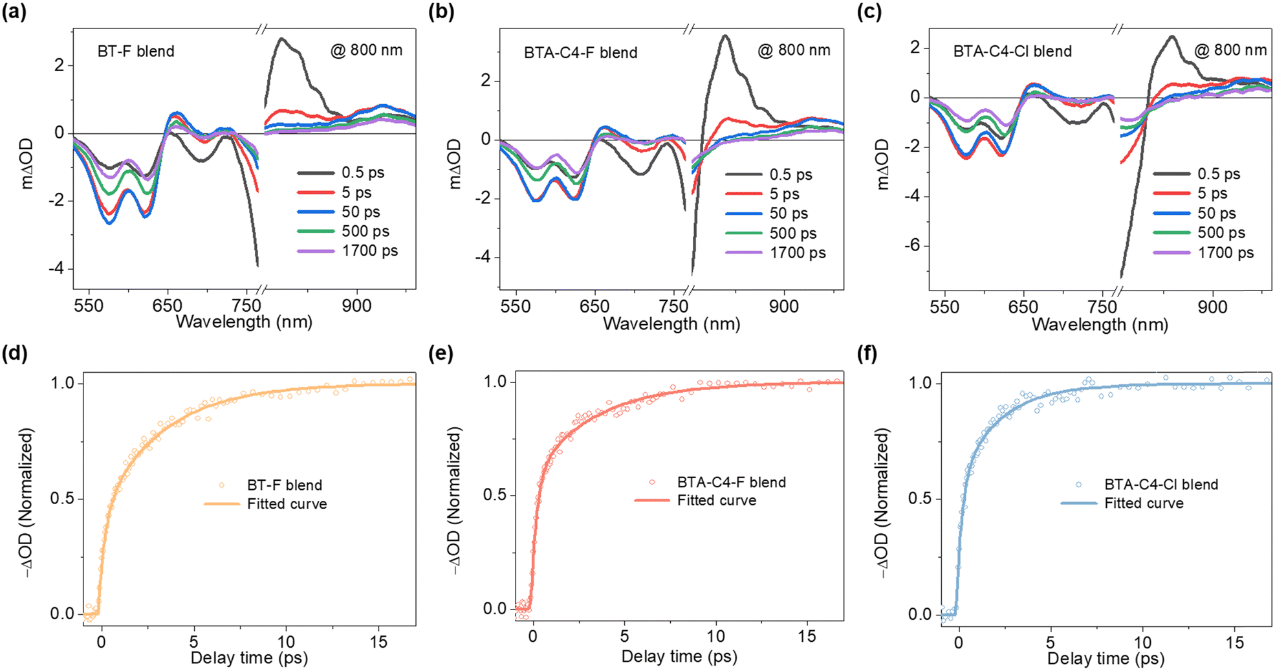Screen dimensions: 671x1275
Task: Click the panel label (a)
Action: [x=14, y=12]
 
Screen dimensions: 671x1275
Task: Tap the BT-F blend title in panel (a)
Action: [x=136, y=51]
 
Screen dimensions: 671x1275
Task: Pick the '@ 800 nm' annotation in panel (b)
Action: [x=794, y=50]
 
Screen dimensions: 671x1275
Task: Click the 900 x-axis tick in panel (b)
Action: [x=783, y=306]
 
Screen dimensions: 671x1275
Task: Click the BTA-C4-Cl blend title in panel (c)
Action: [x=1012, y=51]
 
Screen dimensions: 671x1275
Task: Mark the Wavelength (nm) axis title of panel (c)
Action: [x=1100, y=324]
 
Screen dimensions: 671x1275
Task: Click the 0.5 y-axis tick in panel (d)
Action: [x=63, y=499]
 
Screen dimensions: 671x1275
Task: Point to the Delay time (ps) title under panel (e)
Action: [x=679, y=657]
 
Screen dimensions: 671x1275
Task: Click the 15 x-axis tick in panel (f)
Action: [x=1234, y=643]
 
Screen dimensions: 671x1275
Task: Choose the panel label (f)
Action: [x=867, y=353]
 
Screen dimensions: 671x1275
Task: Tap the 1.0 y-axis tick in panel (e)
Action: [x=495, y=382]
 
